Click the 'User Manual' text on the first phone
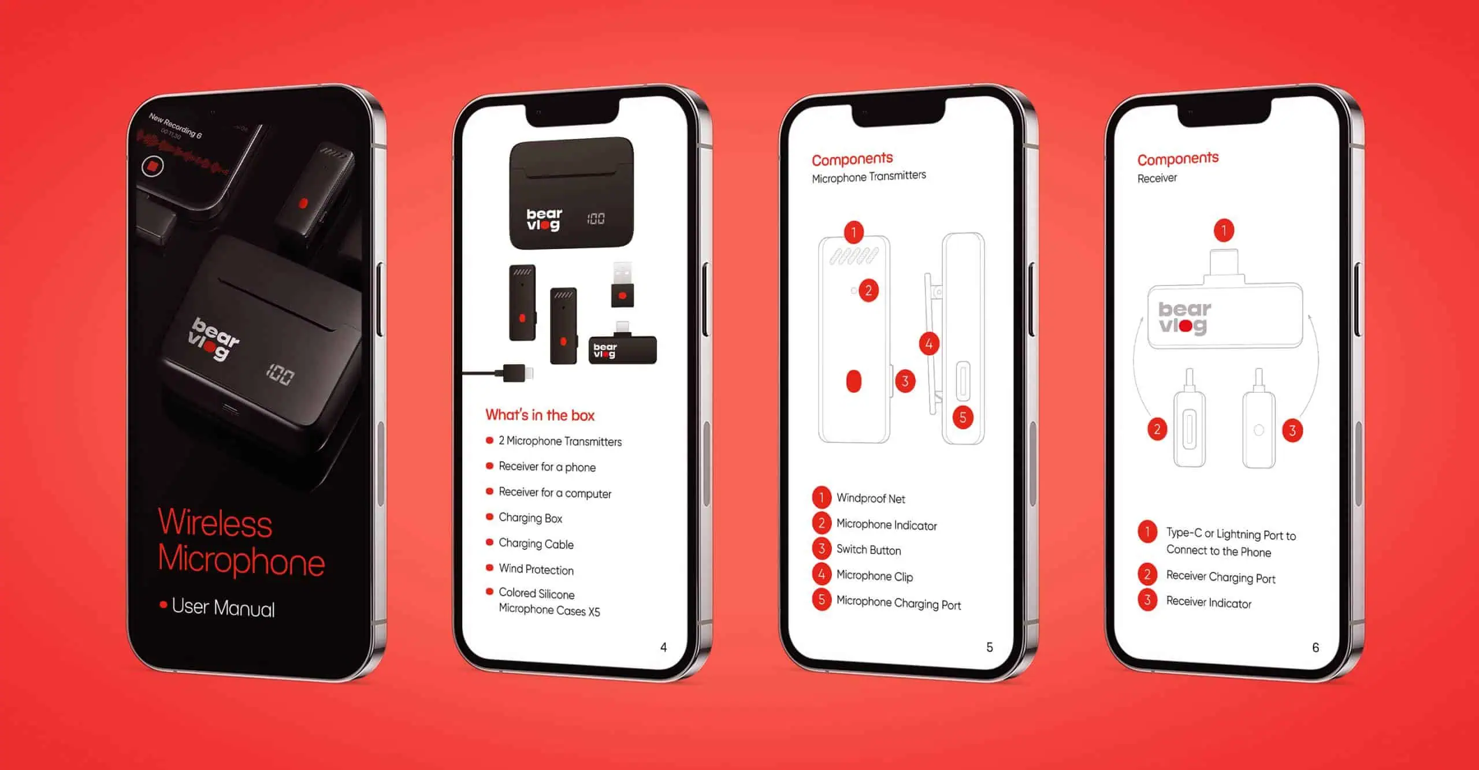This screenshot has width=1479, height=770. click(223, 608)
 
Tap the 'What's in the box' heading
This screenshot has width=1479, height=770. click(540, 415)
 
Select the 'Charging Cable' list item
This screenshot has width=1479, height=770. click(536, 544)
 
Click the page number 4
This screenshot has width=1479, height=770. click(663, 647)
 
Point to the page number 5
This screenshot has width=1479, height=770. click(989, 647)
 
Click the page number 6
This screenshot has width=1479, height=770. click(1316, 647)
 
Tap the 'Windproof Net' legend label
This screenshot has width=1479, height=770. click(871, 498)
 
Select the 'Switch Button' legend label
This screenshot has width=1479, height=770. click(868, 549)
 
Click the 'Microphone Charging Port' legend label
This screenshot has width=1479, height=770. click(898, 602)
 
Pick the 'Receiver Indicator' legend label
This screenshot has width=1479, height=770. click(1209, 602)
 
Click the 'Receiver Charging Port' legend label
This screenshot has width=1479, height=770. click(1221, 576)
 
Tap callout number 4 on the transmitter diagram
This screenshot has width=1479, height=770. click(929, 344)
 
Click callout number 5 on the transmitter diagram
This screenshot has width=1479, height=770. click(963, 418)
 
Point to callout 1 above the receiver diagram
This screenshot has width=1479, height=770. click(1224, 230)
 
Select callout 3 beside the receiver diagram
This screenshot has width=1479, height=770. click(1292, 430)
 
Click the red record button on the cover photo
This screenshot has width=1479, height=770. click(153, 166)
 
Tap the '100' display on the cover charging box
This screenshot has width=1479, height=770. click(280, 375)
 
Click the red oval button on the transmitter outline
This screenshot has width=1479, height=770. click(853, 381)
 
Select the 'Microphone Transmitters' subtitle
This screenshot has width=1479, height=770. click(869, 176)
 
